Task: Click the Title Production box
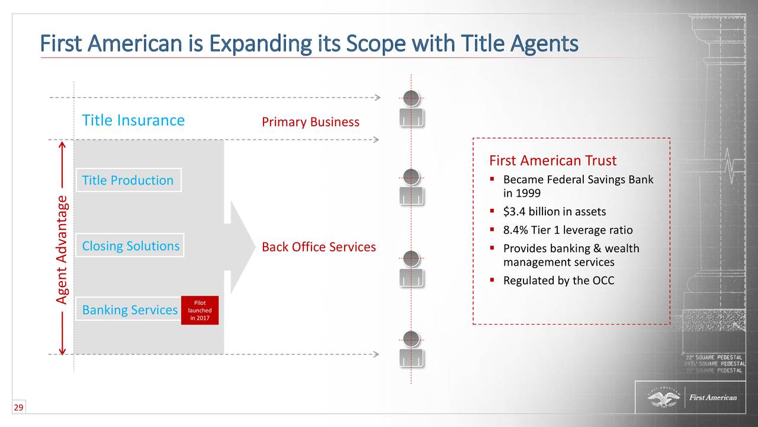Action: click(x=128, y=180)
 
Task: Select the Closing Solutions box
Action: click(x=130, y=246)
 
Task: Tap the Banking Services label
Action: click(x=130, y=310)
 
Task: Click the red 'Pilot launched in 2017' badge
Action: click(x=200, y=311)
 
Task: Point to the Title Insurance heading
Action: click(x=133, y=120)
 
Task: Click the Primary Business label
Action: click(x=310, y=122)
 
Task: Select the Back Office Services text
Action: click(x=319, y=247)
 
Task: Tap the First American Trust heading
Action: click(x=553, y=161)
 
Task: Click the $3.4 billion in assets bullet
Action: click(x=554, y=212)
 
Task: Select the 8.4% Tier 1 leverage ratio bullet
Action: click(x=567, y=230)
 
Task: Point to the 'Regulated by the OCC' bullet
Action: click(x=558, y=281)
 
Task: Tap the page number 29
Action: click(x=18, y=407)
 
